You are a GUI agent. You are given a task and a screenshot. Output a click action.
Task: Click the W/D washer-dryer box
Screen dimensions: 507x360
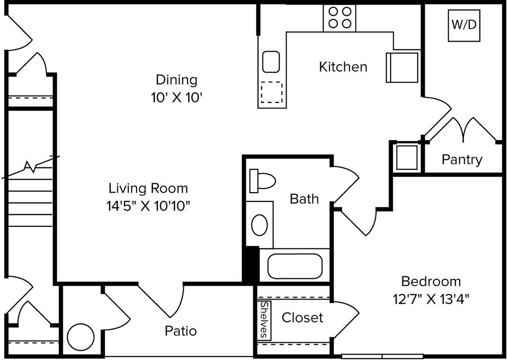coord(463,26)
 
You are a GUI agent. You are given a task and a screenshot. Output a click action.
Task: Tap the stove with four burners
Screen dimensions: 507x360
coord(340,18)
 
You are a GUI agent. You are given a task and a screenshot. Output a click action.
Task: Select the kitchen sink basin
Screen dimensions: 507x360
coord(271,61)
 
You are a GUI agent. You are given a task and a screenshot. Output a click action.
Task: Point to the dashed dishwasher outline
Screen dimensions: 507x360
coord(272,92)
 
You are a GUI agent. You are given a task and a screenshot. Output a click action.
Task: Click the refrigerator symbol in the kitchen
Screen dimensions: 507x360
coord(402,67)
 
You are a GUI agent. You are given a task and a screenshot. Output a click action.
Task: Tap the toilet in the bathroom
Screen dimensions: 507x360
coord(262,180)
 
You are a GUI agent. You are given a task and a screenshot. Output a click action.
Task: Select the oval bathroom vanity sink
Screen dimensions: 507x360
coord(259,225)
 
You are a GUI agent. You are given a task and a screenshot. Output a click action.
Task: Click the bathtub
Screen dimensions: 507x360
coord(295,266)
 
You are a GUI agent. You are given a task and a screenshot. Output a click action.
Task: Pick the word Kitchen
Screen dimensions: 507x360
coord(343,67)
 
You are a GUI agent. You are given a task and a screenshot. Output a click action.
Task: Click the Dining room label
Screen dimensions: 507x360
coord(177,80)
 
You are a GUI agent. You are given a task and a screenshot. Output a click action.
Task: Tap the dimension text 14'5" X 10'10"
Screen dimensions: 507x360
coord(148,206)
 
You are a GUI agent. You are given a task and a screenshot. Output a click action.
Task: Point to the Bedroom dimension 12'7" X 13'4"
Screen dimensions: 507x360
coord(431,299)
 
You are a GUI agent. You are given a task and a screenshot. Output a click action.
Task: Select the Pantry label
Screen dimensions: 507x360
coord(462,159)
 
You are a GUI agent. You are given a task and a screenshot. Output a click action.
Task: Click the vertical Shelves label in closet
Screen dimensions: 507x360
coord(264,320)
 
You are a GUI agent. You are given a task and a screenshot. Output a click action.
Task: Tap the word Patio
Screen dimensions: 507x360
coord(181,331)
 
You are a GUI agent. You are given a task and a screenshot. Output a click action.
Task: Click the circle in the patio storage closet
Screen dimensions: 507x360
coord(81,337)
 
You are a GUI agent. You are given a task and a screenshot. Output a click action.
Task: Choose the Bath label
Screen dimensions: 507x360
coord(304,199)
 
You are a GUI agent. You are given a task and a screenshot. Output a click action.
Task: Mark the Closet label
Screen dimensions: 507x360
coord(303,317)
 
